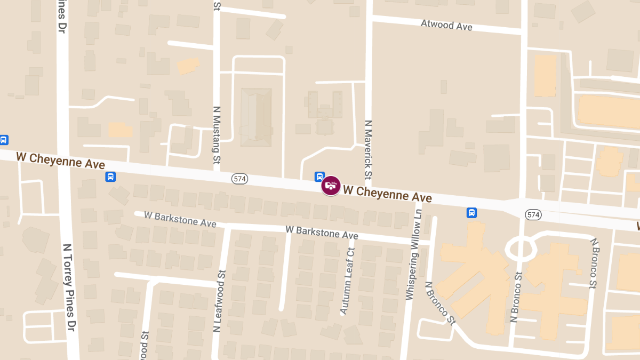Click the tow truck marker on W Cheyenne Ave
point(331,186)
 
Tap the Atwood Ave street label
point(446,25)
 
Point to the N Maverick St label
point(367,149)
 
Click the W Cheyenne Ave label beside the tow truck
point(387,194)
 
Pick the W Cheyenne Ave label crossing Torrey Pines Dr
point(60,160)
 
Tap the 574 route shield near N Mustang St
point(240,179)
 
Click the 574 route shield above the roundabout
point(533,214)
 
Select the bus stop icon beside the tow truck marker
point(319,176)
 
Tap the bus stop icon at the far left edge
point(4,140)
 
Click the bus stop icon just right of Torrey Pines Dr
point(110,177)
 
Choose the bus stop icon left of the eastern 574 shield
point(472,213)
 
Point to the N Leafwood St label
point(219,301)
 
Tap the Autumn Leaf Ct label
point(347,281)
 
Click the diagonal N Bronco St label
point(440,303)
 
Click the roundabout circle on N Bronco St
point(520,248)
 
